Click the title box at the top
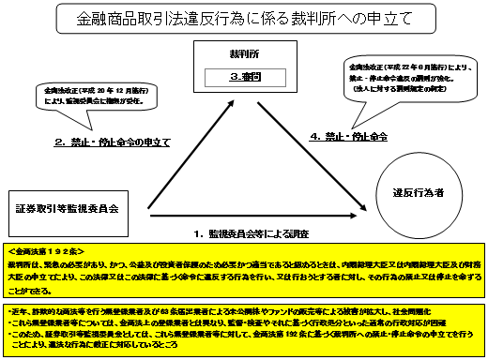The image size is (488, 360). pos(242,17)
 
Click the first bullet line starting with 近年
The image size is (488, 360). pos(216,309)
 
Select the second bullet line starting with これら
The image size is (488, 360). pos(216,321)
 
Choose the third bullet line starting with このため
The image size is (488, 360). pos(216,333)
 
